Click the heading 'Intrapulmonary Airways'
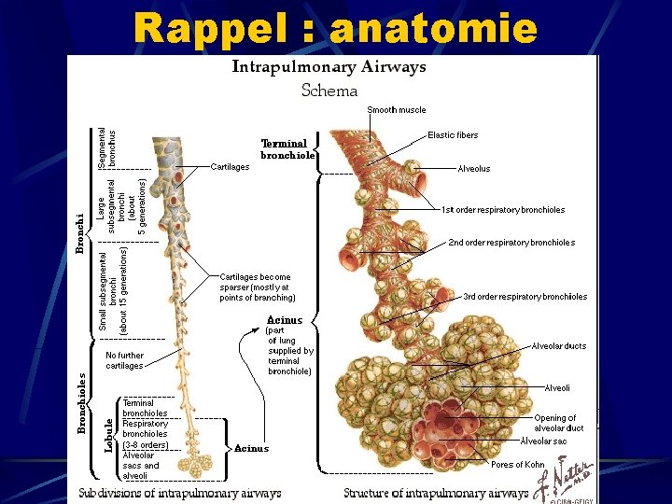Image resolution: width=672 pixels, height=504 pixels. click(329, 66)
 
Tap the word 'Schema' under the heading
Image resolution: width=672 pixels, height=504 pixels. click(329, 90)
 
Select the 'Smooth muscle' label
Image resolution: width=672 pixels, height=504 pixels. click(397, 110)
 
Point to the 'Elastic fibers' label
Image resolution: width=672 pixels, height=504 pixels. click(453, 135)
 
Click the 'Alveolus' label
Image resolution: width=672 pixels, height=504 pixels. click(474, 169)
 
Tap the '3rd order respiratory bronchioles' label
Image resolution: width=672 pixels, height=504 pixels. click(525, 297)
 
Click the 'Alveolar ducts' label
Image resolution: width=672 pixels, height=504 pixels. click(559, 346)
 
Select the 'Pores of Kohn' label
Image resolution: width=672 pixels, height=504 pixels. click(517, 464)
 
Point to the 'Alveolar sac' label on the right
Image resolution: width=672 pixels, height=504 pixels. click(543, 441)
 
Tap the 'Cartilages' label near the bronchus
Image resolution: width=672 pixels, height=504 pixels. click(231, 167)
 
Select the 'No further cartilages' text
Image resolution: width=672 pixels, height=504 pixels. click(124, 360)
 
